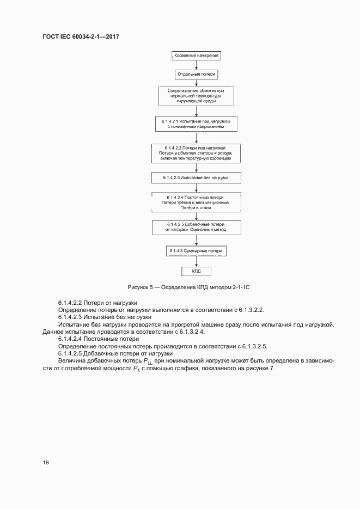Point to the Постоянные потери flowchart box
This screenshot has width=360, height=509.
point(196,201)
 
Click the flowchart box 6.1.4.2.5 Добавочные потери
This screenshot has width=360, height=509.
point(196,227)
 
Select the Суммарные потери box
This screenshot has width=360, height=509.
point(196,251)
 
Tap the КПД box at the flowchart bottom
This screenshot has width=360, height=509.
point(196,271)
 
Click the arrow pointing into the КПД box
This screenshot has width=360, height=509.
point(196,261)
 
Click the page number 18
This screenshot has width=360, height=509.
point(46,462)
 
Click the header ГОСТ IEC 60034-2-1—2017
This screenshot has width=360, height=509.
point(81,36)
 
